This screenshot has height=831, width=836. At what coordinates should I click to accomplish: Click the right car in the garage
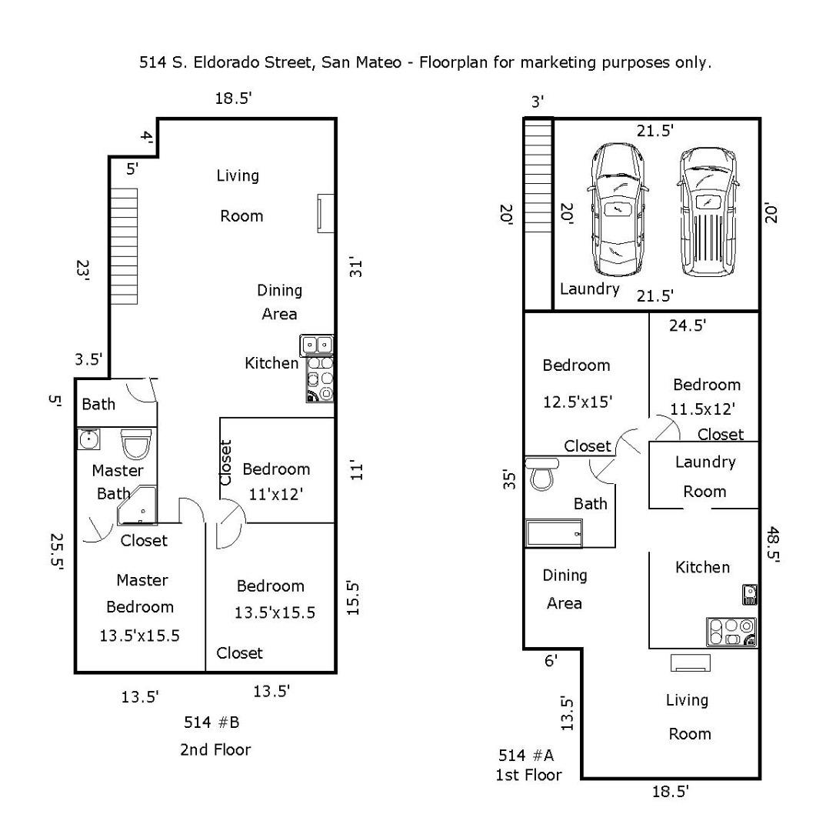(707, 211)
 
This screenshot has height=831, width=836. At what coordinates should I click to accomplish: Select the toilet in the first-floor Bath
(543, 474)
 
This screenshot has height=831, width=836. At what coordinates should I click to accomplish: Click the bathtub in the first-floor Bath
(554, 532)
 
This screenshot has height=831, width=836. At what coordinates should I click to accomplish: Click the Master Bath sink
(88, 439)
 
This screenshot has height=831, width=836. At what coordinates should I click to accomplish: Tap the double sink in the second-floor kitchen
(317, 344)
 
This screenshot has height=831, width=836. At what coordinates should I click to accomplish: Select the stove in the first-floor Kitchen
(731, 632)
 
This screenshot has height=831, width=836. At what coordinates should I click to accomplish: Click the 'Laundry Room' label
(705, 476)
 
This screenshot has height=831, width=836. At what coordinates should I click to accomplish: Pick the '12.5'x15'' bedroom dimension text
(576, 401)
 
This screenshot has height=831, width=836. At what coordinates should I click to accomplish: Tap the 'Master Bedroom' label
(141, 593)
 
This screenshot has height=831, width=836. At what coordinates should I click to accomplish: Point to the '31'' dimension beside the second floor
(355, 266)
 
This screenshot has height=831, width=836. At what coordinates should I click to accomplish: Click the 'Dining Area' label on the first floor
(565, 589)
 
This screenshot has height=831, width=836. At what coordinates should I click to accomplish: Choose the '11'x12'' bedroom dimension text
(276, 495)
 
